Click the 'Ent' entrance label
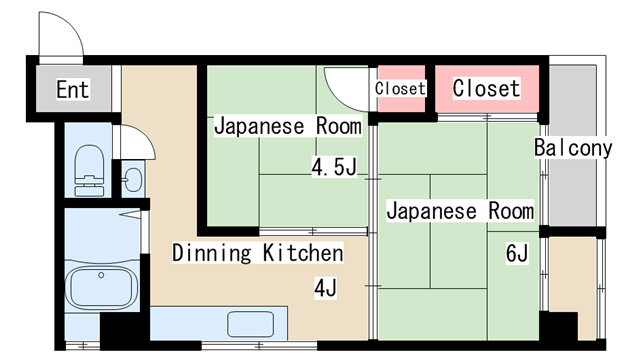72,90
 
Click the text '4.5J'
333,167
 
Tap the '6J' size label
516,253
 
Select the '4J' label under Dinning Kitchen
325,289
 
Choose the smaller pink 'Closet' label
400,88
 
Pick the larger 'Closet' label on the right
486,88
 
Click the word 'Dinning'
212,252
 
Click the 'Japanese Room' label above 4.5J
288,127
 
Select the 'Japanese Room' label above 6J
460,211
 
